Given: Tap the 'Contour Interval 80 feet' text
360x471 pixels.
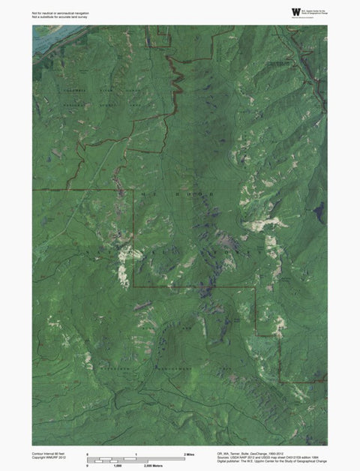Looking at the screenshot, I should point(50,454).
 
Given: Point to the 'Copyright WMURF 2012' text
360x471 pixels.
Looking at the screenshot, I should point(49,458).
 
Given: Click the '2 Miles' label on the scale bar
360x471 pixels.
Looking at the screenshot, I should point(190,454).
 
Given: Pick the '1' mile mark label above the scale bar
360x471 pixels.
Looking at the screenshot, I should point(136,454).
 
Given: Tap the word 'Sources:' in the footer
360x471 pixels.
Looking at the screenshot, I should point(224,458).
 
